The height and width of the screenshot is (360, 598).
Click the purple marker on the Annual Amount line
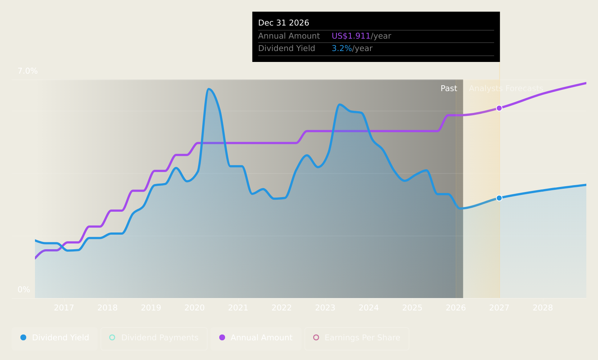pos(499,108)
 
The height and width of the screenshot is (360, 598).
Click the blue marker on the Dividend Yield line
pos(499,198)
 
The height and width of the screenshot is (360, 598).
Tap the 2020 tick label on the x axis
pos(194,308)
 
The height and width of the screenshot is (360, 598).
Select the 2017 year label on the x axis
pos(64,308)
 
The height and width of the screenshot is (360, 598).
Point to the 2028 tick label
pos(543,308)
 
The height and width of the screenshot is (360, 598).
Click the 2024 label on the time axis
pos(369,308)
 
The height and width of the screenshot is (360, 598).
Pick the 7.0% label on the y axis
pos(28,71)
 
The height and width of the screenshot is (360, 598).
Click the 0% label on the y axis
pos(24,290)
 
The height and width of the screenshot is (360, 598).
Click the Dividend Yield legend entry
pos(55,338)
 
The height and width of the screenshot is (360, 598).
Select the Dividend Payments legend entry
pos(154,338)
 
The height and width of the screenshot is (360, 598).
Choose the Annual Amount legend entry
pos(256,338)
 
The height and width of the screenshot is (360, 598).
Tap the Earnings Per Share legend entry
pos(357,338)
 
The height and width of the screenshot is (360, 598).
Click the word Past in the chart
pos(449,89)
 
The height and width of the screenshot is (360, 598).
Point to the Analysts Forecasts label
pos(506,89)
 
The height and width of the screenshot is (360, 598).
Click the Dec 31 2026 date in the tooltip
pos(283,23)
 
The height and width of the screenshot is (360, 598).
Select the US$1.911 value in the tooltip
pos(351,36)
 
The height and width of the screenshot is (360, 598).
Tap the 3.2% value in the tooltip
pos(342,48)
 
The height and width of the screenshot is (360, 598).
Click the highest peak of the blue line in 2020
pos(208,89)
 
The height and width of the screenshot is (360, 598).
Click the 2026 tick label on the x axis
pos(456,308)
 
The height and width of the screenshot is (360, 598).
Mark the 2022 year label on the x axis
pos(282,308)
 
